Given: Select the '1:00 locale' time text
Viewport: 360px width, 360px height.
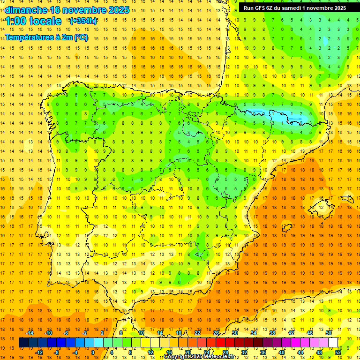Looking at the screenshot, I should (x=33, y=21).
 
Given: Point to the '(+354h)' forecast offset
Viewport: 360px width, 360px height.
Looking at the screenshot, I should (x=83, y=21).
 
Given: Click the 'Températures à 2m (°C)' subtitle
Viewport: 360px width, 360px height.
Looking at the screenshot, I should (x=46, y=37).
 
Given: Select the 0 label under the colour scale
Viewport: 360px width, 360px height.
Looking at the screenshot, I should (x=93, y=352).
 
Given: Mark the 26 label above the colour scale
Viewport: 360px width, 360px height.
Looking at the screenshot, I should (x=216, y=333).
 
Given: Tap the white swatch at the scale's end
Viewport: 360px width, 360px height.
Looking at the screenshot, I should (x=333, y=343).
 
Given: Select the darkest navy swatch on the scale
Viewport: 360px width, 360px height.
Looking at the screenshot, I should (x=23, y=343).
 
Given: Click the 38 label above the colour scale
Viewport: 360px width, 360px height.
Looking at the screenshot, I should (x=272, y=333).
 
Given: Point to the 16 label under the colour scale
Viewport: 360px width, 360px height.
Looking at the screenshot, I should (x=169, y=352).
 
